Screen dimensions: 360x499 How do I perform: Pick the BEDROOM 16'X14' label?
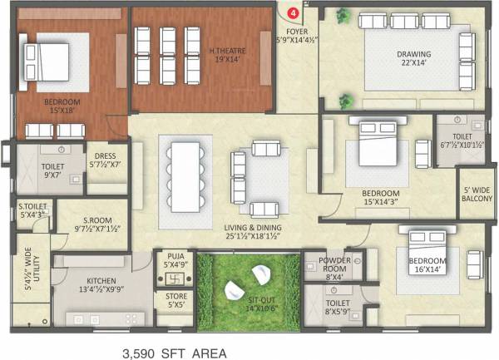coord(427,265)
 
